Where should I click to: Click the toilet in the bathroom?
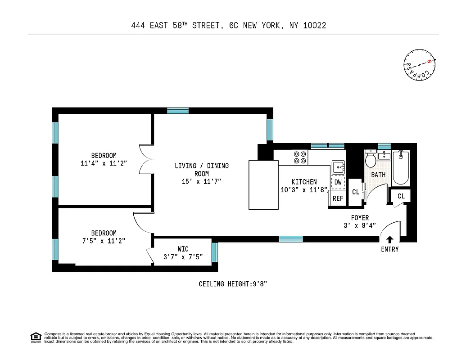coord(371,160)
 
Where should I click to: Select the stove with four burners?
coord(300,157)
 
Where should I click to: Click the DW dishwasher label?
coord(338,182)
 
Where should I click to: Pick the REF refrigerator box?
coord(338,198)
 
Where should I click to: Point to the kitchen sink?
coord(338,167)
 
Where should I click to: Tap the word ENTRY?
coord(389,249)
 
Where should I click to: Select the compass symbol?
coord(420,65)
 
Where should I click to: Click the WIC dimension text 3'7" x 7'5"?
coord(183,257)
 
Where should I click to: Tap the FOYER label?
coord(360,218)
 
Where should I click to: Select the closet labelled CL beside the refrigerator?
coord(356,192)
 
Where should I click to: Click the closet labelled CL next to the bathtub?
coord(401,196)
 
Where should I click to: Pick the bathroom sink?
coord(384,156)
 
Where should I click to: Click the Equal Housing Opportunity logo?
coord(36,337)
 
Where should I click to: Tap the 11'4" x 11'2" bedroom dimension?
coord(104,164)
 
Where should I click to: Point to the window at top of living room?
coord(178,110)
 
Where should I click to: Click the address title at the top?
coord(229,26)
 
